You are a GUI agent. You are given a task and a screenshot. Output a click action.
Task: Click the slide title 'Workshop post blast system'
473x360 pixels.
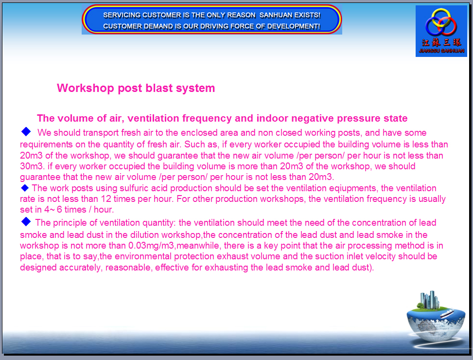tap(136, 88)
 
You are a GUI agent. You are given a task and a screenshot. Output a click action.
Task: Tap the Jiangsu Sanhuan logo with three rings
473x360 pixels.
tap(441, 31)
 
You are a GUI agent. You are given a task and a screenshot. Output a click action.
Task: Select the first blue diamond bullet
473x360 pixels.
tap(26, 131)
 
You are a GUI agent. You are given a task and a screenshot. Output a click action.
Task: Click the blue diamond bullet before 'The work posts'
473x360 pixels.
tap(25, 188)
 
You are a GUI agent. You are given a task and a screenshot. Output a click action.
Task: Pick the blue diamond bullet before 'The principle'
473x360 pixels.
tap(26, 222)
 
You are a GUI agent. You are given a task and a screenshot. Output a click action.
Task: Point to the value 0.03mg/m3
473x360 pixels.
tap(151, 246)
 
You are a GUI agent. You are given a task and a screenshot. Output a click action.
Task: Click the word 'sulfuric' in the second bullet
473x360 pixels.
tap(134, 188)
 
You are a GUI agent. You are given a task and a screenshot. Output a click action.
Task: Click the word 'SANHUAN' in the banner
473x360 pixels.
tap(276, 15)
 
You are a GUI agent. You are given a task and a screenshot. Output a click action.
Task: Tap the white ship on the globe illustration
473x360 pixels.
tap(447, 313)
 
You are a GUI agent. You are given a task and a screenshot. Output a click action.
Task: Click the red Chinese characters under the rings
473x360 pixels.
tap(441, 42)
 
